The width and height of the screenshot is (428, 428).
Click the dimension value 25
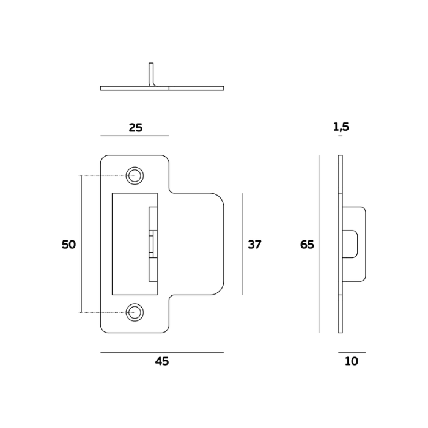click(x=135, y=128)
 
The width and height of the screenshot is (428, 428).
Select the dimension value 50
click(x=68, y=245)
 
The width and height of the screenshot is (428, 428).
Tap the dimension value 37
click(x=254, y=245)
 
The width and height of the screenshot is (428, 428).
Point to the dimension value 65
click(x=307, y=245)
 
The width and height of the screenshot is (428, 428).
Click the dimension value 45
click(x=161, y=361)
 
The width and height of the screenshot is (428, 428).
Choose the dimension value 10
click(x=351, y=361)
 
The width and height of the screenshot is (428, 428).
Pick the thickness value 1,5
click(x=341, y=127)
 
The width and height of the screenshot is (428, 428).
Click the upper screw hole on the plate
click(x=135, y=176)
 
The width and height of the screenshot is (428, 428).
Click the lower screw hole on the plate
click(x=135, y=312)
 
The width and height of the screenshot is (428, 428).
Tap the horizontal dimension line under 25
click(x=135, y=136)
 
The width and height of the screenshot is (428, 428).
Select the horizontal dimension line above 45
click(x=161, y=352)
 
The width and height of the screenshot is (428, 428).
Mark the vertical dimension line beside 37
click(x=243, y=245)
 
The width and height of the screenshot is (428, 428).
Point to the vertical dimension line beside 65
click(x=319, y=245)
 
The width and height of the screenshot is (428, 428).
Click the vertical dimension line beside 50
click(x=81, y=245)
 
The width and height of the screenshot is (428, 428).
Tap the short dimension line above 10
click(x=352, y=352)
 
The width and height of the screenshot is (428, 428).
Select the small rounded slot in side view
click(x=353, y=243)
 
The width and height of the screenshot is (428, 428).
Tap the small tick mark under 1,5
click(x=340, y=136)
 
